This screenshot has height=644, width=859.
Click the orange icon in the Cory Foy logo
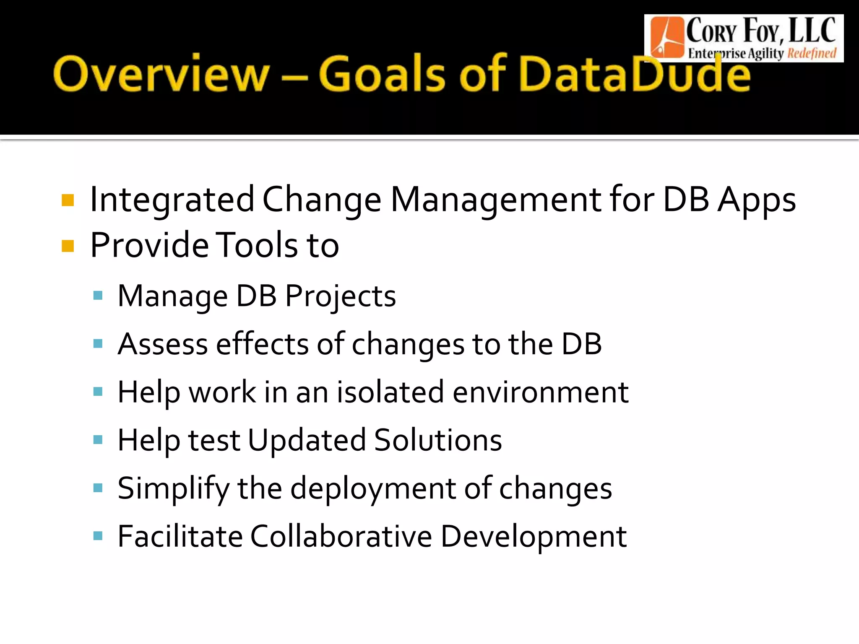pyautogui.click(x=666, y=38)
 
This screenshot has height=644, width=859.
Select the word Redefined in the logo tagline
pyautogui.click(x=812, y=53)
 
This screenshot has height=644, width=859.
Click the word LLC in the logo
pyautogui.click(x=812, y=31)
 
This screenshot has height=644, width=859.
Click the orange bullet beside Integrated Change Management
pyautogui.click(x=68, y=200)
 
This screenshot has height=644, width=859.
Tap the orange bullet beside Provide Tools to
pyautogui.click(x=68, y=246)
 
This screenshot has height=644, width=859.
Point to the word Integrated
pyautogui.click(x=172, y=200)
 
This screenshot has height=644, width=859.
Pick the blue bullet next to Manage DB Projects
pyautogui.click(x=98, y=296)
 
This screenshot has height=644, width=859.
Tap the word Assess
pyautogui.click(x=163, y=344)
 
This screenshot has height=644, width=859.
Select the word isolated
pyautogui.click(x=390, y=392)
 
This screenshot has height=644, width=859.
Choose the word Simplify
pyautogui.click(x=173, y=489)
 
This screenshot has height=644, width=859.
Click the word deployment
pyautogui.click(x=373, y=489)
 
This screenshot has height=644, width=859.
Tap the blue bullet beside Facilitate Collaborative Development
pyautogui.click(x=98, y=536)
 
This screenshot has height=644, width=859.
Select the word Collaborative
pyautogui.click(x=341, y=536)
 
